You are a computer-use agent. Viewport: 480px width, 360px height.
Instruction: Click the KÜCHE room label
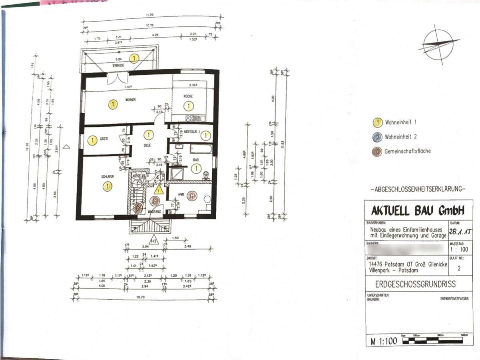click(x=188, y=96)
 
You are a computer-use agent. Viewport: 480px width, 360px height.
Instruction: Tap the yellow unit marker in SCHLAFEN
click(x=108, y=186)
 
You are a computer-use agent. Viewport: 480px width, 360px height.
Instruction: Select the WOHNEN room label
click(x=131, y=100)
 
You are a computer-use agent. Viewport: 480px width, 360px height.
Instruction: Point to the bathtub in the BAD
click(x=201, y=149)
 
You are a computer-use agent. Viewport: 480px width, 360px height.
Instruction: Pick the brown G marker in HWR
click(x=192, y=196)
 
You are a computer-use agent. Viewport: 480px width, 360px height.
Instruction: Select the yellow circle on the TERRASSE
click(x=135, y=58)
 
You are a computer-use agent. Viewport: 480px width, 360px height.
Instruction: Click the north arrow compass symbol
click(x=439, y=45)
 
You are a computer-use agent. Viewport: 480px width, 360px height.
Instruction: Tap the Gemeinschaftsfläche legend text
click(x=408, y=152)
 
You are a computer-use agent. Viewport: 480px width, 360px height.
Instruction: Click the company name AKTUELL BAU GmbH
click(x=418, y=210)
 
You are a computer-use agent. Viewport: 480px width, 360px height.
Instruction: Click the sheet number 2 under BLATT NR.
click(x=459, y=268)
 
